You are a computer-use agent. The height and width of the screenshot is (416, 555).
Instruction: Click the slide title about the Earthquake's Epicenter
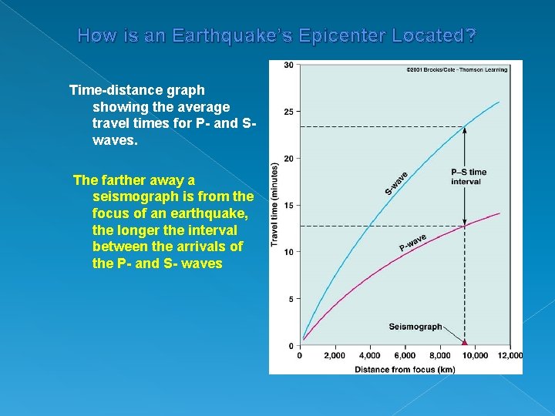tap(277, 35)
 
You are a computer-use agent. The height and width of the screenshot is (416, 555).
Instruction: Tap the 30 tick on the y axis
tap(288, 65)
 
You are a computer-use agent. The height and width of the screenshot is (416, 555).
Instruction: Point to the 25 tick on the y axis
tap(288, 112)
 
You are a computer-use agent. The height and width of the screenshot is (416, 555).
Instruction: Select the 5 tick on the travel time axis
tap(290, 299)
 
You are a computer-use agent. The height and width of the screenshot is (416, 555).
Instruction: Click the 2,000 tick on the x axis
tap(335, 356)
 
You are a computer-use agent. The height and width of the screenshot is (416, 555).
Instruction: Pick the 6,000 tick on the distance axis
tap(405, 356)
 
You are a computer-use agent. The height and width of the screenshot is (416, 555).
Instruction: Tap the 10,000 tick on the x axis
tap(475, 356)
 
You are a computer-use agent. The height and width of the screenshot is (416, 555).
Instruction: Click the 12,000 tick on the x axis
tap(510, 356)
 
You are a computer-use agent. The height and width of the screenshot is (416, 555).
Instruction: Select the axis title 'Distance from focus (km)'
tap(405, 369)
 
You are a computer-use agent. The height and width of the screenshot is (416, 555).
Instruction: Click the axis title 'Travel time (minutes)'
tap(275, 205)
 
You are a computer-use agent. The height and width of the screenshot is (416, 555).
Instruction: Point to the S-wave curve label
tap(397, 182)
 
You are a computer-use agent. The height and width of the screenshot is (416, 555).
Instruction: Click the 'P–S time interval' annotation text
tap(469, 176)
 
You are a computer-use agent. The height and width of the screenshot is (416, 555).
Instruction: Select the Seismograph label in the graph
tap(415, 327)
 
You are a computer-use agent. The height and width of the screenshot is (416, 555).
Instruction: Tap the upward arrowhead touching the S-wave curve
tap(464, 130)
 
